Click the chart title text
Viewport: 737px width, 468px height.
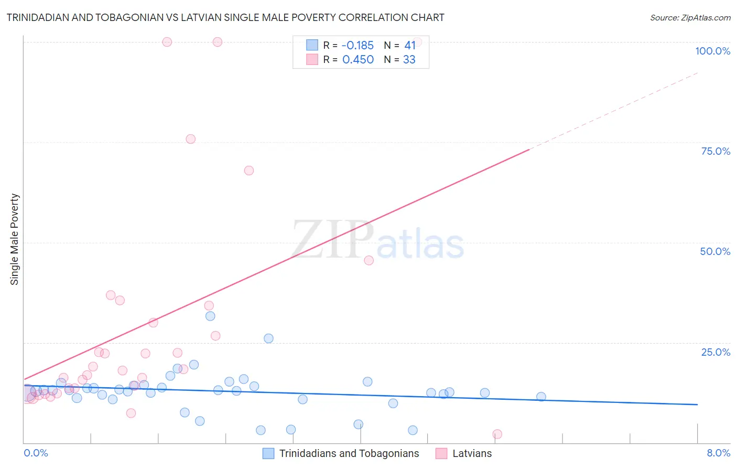coord(225,17)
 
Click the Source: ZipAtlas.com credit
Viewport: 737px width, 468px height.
coord(690,18)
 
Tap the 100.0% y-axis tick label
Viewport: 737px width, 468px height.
coord(712,51)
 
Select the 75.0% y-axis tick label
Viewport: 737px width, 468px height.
coord(716,151)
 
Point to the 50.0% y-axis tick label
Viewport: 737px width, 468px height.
coord(715,251)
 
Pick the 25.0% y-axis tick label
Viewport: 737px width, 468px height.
coord(716,352)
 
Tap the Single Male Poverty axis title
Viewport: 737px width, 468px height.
coord(15,239)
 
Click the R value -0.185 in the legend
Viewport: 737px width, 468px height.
coord(357,46)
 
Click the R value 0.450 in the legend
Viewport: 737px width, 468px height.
coord(357,60)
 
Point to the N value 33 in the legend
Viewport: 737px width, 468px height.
coord(409,60)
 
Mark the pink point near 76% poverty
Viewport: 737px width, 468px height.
coord(191,139)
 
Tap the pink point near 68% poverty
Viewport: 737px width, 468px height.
coord(249,171)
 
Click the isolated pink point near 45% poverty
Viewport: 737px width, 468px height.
coord(369,260)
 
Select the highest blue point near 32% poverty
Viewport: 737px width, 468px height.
coord(210,316)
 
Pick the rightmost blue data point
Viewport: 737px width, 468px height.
coord(541,397)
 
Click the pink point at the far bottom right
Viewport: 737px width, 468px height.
coord(497,434)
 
